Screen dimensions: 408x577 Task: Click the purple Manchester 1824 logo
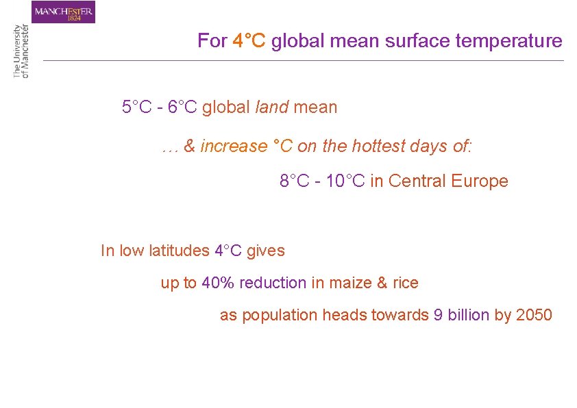[x=63, y=12]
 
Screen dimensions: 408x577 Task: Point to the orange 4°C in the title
[x=249, y=41]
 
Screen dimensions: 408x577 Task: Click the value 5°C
[x=137, y=107]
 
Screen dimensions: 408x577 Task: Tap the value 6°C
[x=183, y=107]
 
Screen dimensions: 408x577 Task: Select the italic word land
[x=271, y=107]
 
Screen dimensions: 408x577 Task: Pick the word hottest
[x=378, y=146]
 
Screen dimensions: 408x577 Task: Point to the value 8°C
[x=295, y=181]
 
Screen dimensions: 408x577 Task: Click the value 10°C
[x=343, y=181]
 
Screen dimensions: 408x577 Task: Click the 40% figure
[x=216, y=283]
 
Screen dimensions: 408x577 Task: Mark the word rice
[x=406, y=283]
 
